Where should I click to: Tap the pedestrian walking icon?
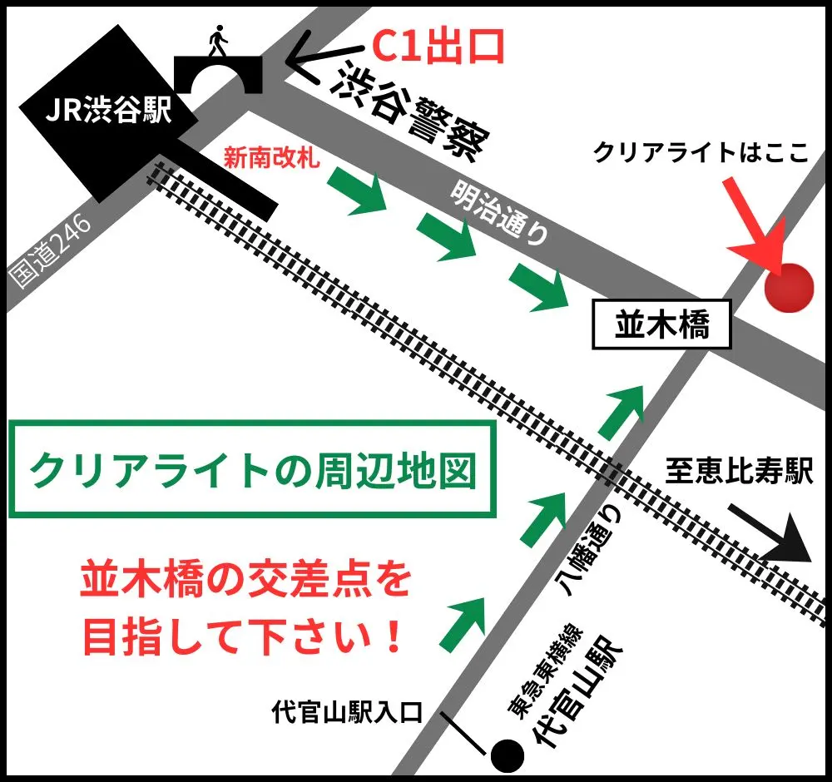pyautogui.click(x=218, y=41)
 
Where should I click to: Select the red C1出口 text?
pyautogui.click(x=438, y=48)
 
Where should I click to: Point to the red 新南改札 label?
pyautogui.click(x=272, y=157)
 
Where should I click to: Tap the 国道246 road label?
pyautogui.click(x=52, y=249)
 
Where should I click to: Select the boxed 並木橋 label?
pyautogui.click(x=662, y=325)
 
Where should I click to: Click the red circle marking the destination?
pyautogui.click(x=788, y=288)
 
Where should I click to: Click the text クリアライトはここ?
pyautogui.click(x=701, y=154)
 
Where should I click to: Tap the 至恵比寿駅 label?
pyautogui.click(x=737, y=472)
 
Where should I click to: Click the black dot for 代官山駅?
pyautogui.click(x=506, y=755)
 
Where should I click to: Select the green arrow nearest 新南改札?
pyautogui.click(x=359, y=190)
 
